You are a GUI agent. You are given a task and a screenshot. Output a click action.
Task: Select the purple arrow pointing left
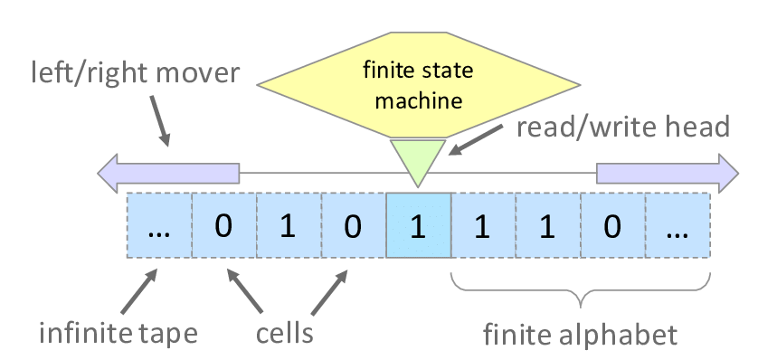coord(168,172)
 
